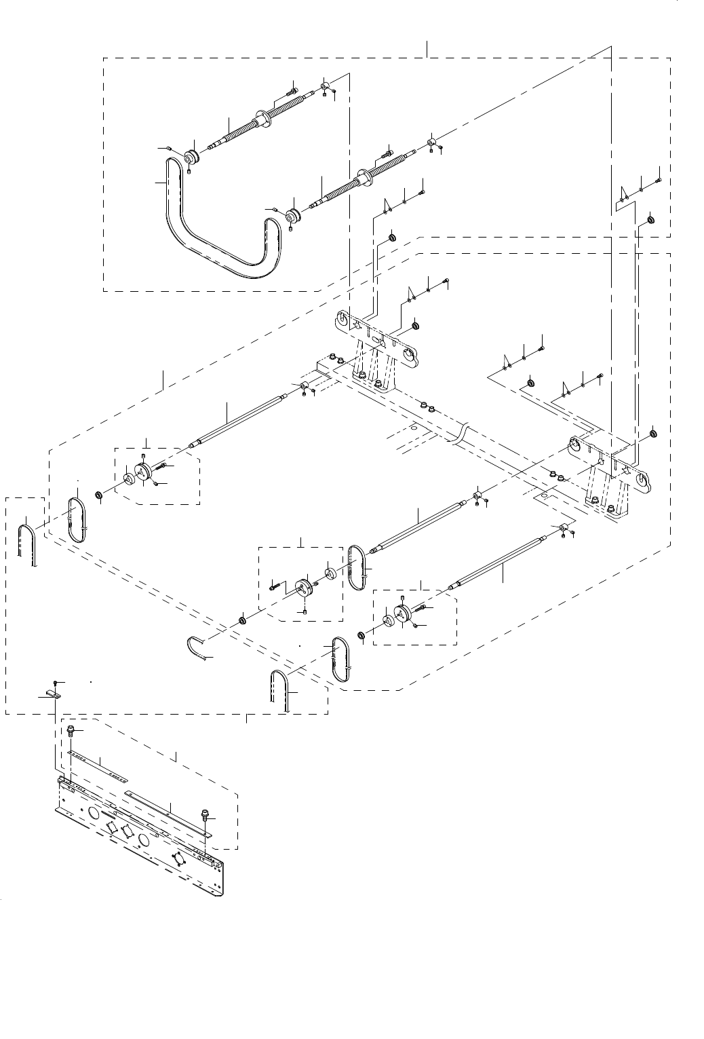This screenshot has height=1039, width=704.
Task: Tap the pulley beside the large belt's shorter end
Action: tap(294, 217)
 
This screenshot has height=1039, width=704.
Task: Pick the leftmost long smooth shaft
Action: tap(237, 421)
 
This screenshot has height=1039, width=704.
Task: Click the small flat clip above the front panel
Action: tap(50, 695)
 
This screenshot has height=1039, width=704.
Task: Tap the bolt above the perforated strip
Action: tap(70, 730)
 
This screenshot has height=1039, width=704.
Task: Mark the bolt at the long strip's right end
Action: tap(205, 813)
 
